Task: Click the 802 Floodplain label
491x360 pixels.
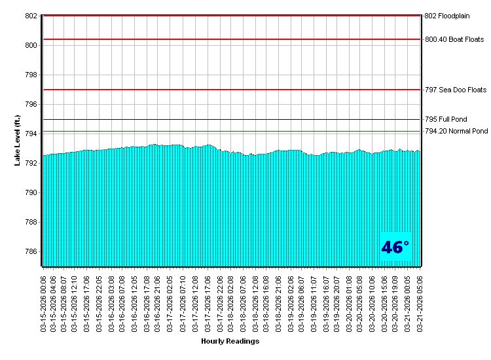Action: coord(448,16)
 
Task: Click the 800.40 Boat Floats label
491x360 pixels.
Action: coord(454,39)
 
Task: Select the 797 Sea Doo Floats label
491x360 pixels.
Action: coord(456,90)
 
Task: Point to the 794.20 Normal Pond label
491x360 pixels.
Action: coord(456,132)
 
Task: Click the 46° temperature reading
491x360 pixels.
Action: coord(395,247)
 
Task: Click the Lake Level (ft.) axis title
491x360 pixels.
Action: coord(18,140)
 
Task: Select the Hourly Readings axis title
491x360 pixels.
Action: coord(230,341)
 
